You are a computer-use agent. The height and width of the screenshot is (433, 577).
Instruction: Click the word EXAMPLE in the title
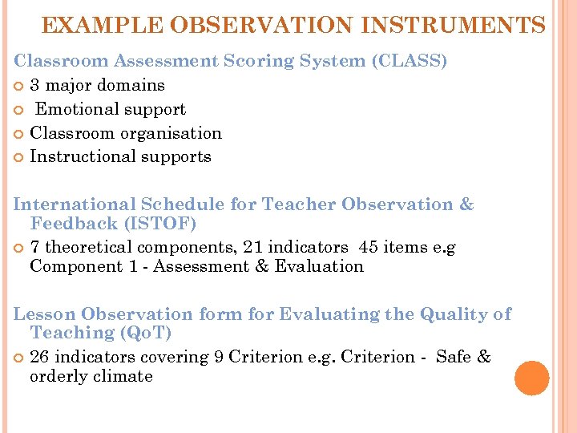click(91, 26)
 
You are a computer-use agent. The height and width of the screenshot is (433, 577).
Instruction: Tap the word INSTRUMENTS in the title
click(453, 26)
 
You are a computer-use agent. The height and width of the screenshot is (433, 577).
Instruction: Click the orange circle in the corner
click(531, 378)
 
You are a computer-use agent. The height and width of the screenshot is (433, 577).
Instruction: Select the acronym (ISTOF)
click(156, 223)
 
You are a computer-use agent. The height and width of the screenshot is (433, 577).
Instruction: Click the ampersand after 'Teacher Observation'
click(466, 204)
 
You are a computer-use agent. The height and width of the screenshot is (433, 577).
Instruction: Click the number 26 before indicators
click(41, 357)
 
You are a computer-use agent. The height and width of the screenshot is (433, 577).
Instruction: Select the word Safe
click(454, 357)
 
